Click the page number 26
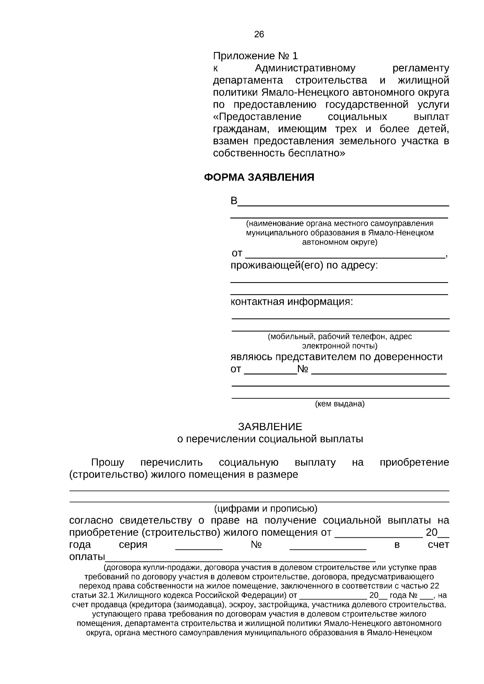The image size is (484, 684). click(x=259, y=34)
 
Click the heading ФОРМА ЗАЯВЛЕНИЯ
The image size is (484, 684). click(x=259, y=177)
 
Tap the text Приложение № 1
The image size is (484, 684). click(x=255, y=56)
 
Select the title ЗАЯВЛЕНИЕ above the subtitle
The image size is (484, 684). click(x=270, y=426)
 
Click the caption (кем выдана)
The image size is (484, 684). click(x=340, y=404)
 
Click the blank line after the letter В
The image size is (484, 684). click(x=343, y=203)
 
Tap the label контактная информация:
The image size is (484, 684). click(x=291, y=301)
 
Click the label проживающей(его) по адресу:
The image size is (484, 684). click(x=304, y=266)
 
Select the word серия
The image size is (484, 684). click(x=133, y=545)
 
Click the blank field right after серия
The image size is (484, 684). click(x=199, y=547)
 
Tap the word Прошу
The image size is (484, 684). click(x=107, y=462)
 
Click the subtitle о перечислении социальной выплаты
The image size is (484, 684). click(x=270, y=439)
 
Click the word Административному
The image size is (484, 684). click(x=305, y=68)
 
